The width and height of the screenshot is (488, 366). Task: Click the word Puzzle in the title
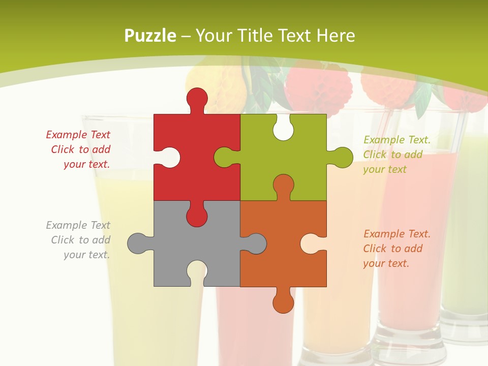tap(150, 36)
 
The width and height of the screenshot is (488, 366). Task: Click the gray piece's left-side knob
tap(138, 243)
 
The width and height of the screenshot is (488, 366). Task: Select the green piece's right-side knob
tap(341, 158)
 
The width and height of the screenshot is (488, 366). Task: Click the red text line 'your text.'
tap(87, 164)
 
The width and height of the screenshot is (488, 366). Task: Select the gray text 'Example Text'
tap(78, 225)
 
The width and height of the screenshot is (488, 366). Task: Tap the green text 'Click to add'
tap(392, 155)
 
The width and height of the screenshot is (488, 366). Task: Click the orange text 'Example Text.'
tap(396, 234)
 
